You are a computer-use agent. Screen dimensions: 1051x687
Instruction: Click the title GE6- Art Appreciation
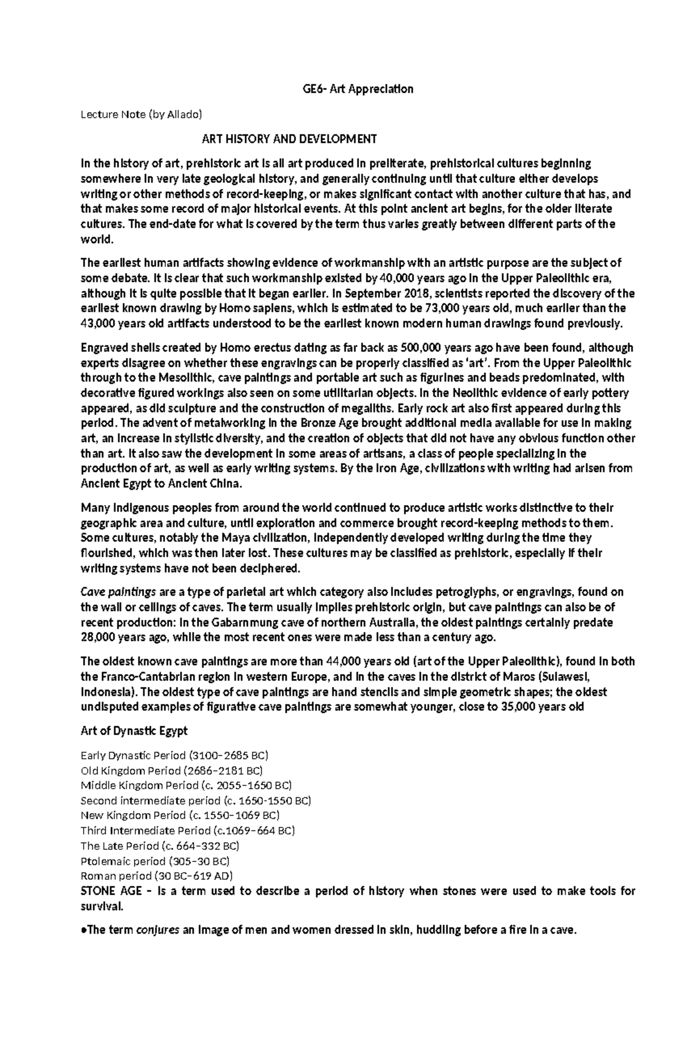point(357,89)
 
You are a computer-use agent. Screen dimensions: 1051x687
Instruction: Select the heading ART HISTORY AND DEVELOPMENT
point(289,139)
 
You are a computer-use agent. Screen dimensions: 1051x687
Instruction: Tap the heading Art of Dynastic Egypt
point(134,731)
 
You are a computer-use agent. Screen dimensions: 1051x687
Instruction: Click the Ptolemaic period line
point(155,861)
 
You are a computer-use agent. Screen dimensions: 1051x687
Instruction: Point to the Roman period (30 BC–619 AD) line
point(157,876)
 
